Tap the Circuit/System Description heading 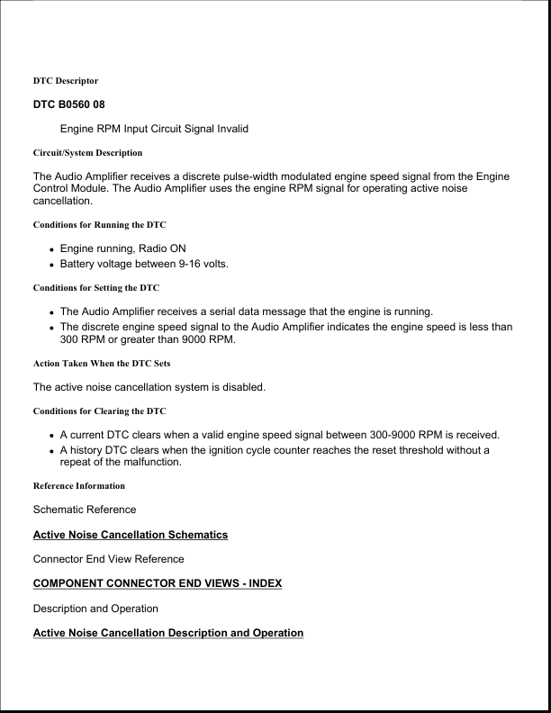pyautogui.click(x=87, y=153)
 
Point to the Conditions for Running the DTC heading pyautogui.click(x=99, y=224)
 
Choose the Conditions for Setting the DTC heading pyautogui.click(x=96, y=288)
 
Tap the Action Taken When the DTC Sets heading pyautogui.click(x=102, y=365)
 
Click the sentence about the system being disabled pyautogui.click(x=149, y=387)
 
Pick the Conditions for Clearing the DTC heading pyautogui.click(x=99, y=411)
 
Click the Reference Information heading pyautogui.click(x=79, y=486)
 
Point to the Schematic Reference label pyautogui.click(x=85, y=510)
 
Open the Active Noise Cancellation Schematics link pyautogui.click(x=130, y=535)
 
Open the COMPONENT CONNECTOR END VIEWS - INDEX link pyautogui.click(x=157, y=583)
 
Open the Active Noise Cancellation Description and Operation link pyautogui.click(x=167, y=633)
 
